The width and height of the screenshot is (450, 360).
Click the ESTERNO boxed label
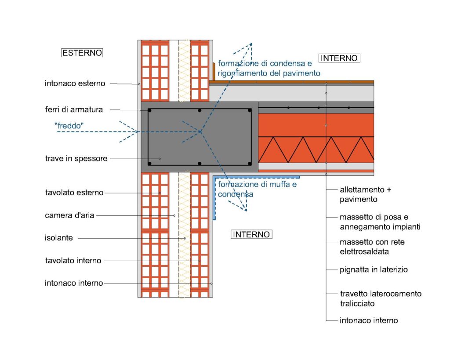click(x=82, y=53)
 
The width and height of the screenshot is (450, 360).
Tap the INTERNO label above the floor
click(x=339, y=58)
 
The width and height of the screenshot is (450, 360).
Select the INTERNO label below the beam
click(x=251, y=234)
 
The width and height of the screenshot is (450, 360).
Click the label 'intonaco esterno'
click(x=75, y=83)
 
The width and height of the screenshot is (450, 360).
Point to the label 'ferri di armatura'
click(x=73, y=109)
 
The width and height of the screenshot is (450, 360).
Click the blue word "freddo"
click(x=69, y=126)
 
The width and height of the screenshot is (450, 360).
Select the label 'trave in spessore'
click(x=76, y=158)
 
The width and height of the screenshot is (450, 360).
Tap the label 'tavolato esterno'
click(x=74, y=193)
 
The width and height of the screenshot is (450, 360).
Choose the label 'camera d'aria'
click(x=69, y=215)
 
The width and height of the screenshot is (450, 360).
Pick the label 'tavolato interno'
click(x=73, y=261)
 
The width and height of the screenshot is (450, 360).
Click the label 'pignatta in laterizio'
click(x=374, y=269)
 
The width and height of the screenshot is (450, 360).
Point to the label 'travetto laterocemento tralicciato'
click(x=381, y=298)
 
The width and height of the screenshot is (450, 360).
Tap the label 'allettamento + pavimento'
click(x=365, y=195)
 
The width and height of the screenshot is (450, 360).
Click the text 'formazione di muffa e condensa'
click(x=257, y=189)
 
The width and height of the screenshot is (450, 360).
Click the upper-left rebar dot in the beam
click(x=150, y=110)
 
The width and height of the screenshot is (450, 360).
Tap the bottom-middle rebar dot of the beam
click(x=200, y=164)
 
